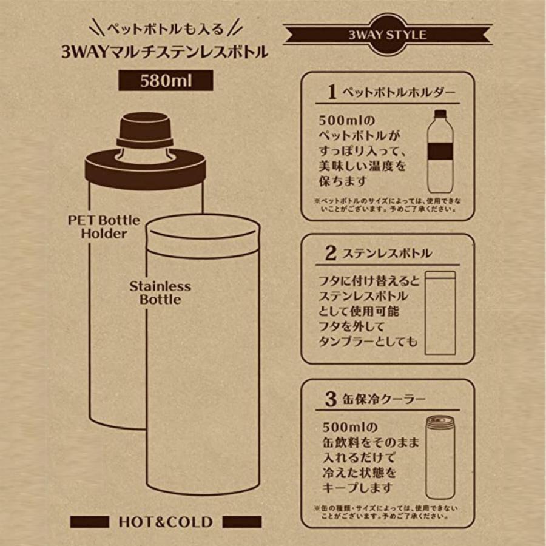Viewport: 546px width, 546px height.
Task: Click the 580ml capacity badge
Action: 166,81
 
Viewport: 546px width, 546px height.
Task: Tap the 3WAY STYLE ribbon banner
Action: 387,35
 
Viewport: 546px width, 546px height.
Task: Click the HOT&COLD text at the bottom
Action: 165,522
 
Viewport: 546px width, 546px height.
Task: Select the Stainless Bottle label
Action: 160,292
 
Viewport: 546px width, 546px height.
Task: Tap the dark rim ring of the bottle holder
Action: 146,168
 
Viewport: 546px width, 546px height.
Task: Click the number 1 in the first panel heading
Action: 332,92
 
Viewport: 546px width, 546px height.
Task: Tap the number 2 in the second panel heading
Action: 331,253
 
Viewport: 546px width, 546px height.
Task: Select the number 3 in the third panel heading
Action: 331,399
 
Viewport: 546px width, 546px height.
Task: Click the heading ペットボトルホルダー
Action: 399,93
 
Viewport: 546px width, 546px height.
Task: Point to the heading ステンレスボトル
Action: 386,254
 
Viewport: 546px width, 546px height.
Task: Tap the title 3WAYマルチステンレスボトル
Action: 164,52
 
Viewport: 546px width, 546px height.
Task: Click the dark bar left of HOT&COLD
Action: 89,522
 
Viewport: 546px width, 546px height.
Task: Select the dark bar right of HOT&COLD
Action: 242,522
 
